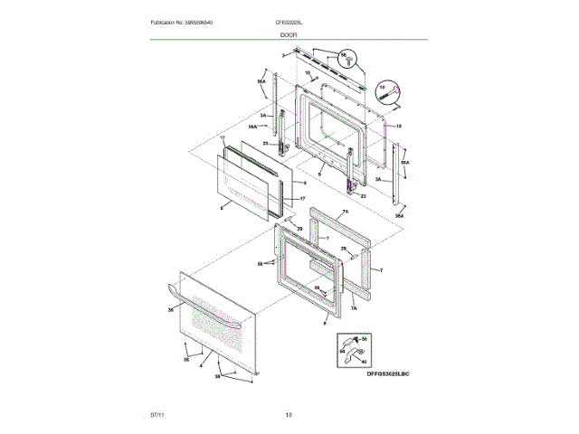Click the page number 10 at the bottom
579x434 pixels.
(289, 414)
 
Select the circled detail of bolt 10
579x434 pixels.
(387, 90)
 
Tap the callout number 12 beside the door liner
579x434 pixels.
(398, 125)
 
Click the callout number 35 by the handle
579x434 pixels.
(171, 310)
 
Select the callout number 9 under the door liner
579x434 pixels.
(318, 174)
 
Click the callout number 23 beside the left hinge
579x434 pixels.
(266, 144)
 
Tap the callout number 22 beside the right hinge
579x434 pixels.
(363, 195)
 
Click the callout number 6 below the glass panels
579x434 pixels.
(222, 209)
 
